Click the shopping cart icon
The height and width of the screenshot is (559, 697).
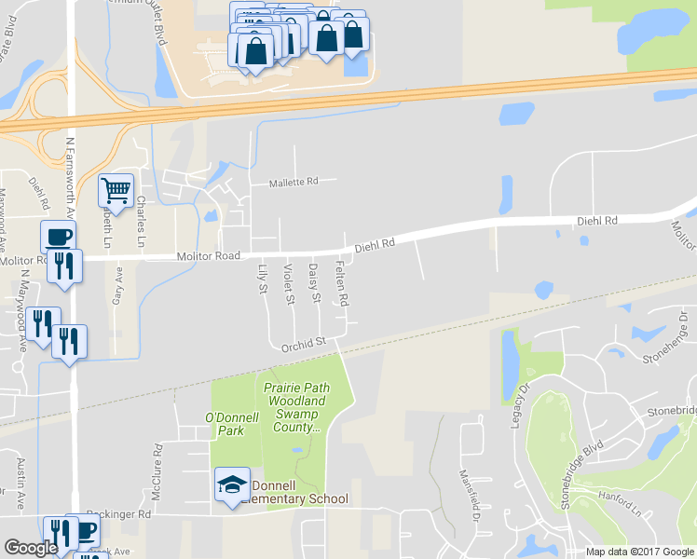(x=116, y=191)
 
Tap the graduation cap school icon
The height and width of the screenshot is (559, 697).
(x=232, y=484)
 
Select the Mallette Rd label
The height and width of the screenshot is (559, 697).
(x=294, y=183)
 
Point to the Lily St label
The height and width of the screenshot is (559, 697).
(x=262, y=279)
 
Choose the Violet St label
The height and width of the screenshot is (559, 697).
(x=288, y=284)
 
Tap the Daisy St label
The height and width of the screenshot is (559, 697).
(x=314, y=283)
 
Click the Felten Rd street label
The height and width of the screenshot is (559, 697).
(x=341, y=285)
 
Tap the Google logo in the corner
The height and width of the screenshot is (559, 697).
(x=31, y=548)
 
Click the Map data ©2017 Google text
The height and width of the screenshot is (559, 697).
(x=639, y=552)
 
